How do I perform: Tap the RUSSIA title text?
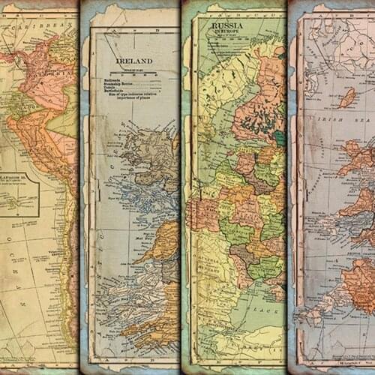click(228, 25)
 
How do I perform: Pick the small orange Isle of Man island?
click(347, 97)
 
